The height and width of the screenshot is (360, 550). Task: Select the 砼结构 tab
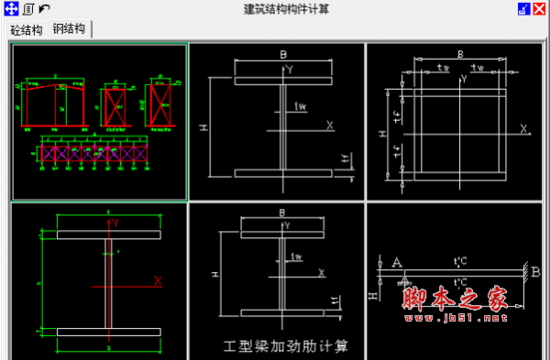[27, 29]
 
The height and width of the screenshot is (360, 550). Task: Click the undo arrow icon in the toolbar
[44, 9]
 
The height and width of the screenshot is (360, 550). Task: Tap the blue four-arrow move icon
[12, 9]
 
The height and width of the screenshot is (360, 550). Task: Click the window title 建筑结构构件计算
[274, 9]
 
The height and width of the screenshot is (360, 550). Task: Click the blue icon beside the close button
[522, 9]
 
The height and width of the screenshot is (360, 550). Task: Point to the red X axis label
[158, 280]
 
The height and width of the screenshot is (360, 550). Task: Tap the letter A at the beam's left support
[397, 262]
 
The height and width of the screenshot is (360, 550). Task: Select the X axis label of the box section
[523, 129]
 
